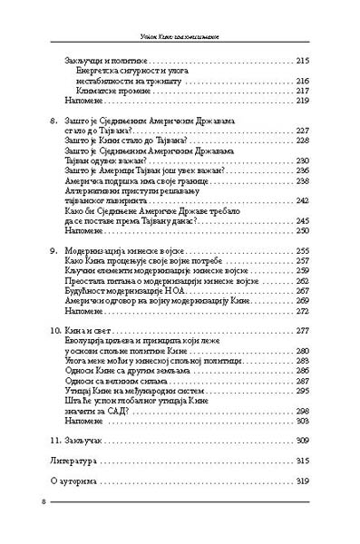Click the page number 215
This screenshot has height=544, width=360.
pos(303,60)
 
